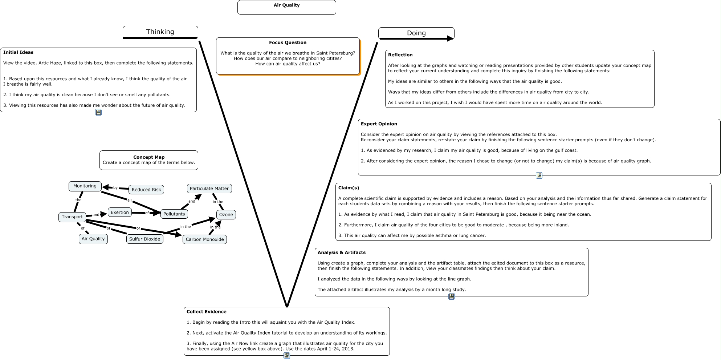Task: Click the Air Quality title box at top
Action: pos(286,7)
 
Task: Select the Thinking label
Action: pos(160,32)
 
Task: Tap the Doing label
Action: pos(416,33)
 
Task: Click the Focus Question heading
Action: pos(288,43)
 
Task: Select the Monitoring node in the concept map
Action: pos(85,186)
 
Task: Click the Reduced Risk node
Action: pos(146,190)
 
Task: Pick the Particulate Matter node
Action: pos(209,189)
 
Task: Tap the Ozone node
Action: pos(226,215)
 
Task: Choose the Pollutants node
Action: pos(174,214)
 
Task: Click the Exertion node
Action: pos(120,213)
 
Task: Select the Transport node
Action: pos(72,217)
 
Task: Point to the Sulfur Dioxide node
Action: pos(144,239)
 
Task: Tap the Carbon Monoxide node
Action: pos(205,239)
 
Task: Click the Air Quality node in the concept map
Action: pos(93,239)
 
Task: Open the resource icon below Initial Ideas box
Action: pos(98,112)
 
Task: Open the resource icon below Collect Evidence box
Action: pos(287,356)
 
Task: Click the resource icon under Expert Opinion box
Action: pos(539,175)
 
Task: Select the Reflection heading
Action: pos(400,55)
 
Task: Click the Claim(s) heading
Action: pos(349,188)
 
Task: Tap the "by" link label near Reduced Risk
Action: pos(115,188)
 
